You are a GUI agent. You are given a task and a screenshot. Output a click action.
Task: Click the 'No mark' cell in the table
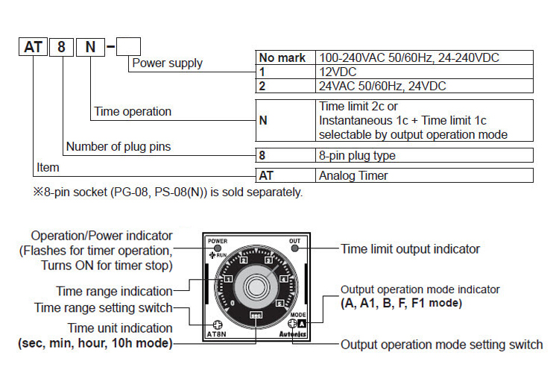pos(282,57)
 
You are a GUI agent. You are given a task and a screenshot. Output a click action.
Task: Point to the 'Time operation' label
pos(133,112)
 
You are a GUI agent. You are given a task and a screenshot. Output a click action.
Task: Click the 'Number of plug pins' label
pos(119,147)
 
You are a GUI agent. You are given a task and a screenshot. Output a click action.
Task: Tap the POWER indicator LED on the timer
pos(218,249)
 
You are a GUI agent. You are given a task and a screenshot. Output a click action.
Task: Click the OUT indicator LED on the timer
pos(294,249)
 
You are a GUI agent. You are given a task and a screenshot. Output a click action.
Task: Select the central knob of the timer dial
pos(256,285)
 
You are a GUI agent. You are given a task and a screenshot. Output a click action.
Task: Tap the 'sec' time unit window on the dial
pos(256,315)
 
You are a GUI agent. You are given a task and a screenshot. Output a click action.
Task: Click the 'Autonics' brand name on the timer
pos(291,336)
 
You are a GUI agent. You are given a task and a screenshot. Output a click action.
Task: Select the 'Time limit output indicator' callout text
pos(410,249)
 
